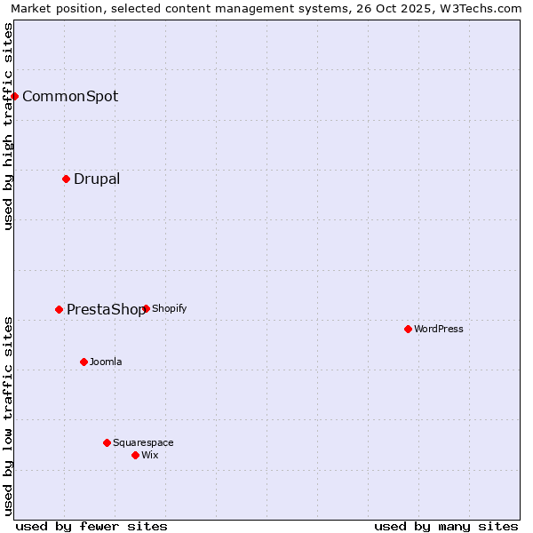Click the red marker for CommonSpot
15,96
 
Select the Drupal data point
67,179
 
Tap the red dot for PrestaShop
60,309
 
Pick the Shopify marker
146,308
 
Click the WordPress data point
408,329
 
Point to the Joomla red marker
84,362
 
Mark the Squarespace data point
107,442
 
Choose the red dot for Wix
135,455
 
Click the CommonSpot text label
70,97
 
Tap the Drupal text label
97,179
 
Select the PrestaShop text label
105,310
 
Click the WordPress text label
439,330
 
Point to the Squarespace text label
143,443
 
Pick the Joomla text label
106,362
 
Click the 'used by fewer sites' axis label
91,526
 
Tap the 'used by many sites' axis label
446,526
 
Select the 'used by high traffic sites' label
8,126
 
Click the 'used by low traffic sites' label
8,416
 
